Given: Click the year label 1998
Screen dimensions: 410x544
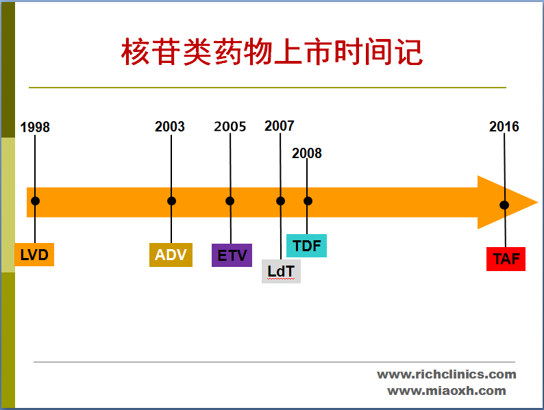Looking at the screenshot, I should tap(35, 127).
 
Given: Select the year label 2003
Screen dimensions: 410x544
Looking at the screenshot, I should tap(170, 127).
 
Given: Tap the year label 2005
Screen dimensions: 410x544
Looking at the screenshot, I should tap(230, 127).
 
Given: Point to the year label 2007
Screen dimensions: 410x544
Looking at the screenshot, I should tap(280, 126).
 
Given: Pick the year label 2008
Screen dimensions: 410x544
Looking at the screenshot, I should tap(306, 153).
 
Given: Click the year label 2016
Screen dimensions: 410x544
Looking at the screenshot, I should tap(504, 127).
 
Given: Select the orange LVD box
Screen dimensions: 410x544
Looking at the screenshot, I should tap(34, 255).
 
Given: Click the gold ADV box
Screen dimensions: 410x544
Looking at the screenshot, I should tap(171, 255).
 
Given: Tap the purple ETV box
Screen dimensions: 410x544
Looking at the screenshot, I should tap(232, 255).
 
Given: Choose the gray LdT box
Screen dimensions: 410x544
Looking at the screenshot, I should tap(281, 271).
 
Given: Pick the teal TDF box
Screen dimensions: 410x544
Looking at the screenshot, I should tap(306, 245).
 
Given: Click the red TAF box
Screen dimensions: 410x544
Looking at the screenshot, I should tap(506, 259).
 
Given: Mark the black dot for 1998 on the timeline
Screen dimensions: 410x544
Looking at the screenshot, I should tap(35, 201).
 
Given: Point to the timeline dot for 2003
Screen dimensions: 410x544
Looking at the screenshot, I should tap(171, 201).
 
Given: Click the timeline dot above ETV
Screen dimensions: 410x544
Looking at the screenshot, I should tap(230, 201).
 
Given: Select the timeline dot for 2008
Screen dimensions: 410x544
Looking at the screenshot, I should tap(308, 201).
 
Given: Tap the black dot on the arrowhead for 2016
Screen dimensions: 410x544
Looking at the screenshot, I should tap(504, 205).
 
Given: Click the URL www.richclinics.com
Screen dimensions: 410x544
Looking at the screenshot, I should tap(447, 374).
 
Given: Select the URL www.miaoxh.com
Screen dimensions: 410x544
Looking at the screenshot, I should tap(447, 391).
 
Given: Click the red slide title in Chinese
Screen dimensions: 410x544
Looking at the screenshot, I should tap(272, 52).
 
